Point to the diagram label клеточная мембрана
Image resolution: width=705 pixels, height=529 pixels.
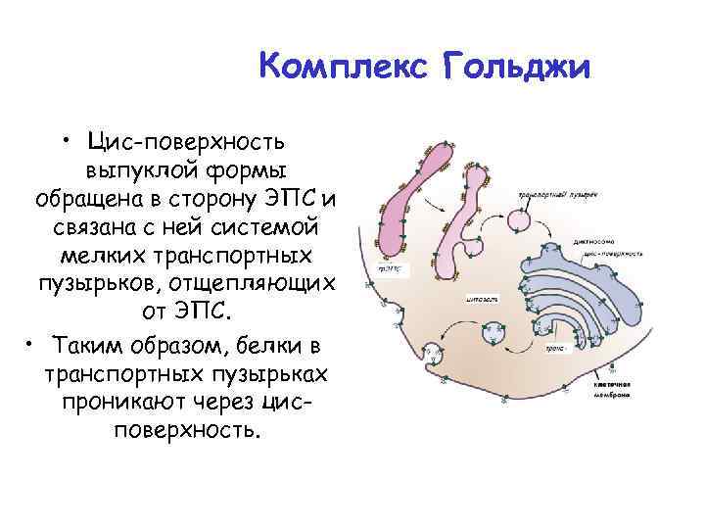[609, 391]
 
